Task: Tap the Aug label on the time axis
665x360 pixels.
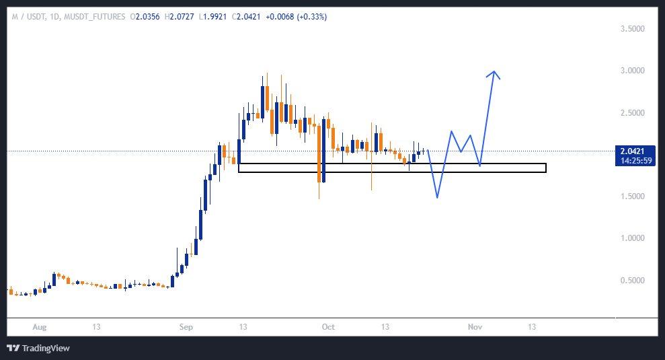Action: [x=40, y=327]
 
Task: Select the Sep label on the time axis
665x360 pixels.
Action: [x=186, y=327]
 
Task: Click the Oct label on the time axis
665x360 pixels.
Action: [x=328, y=327]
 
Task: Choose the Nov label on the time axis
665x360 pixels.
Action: [x=475, y=327]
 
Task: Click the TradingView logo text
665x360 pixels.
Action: [x=45, y=348]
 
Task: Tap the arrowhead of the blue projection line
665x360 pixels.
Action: [x=495, y=72]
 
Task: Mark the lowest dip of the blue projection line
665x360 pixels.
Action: [x=437, y=197]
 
